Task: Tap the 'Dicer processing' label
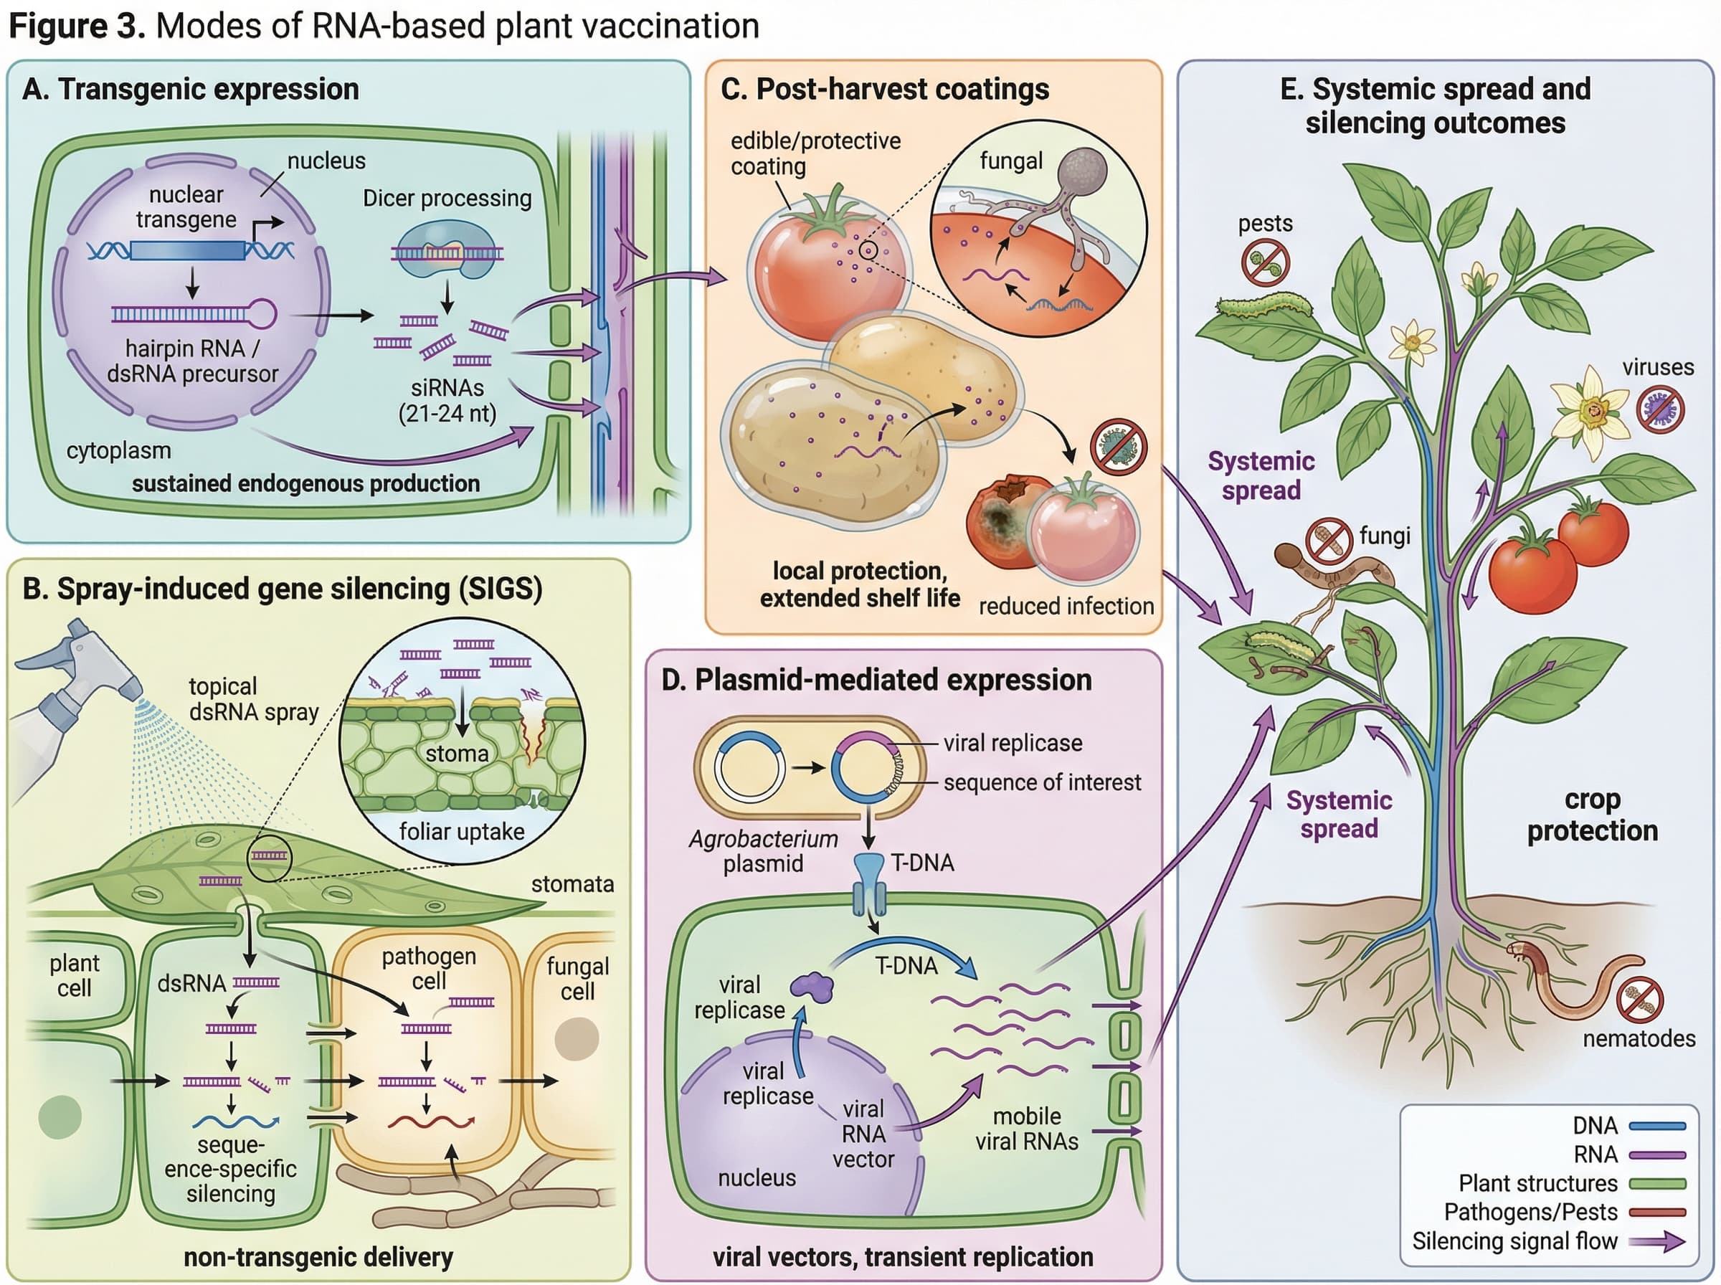[447, 199]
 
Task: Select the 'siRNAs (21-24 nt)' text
[447, 400]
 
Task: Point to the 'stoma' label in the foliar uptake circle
[457, 754]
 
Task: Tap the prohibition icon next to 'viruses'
[1659, 410]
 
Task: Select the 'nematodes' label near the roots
[1639, 1038]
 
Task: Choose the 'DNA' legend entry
[1628, 1126]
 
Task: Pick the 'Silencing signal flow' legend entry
[1547, 1241]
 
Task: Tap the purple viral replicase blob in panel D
[812, 986]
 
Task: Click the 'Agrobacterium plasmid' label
[763, 851]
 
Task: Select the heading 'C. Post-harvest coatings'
[884, 90]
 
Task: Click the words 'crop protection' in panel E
[1592, 815]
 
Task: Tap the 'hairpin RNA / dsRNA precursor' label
[192, 361]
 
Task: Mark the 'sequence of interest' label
[1041, 782]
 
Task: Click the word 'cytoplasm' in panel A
[118, 450]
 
